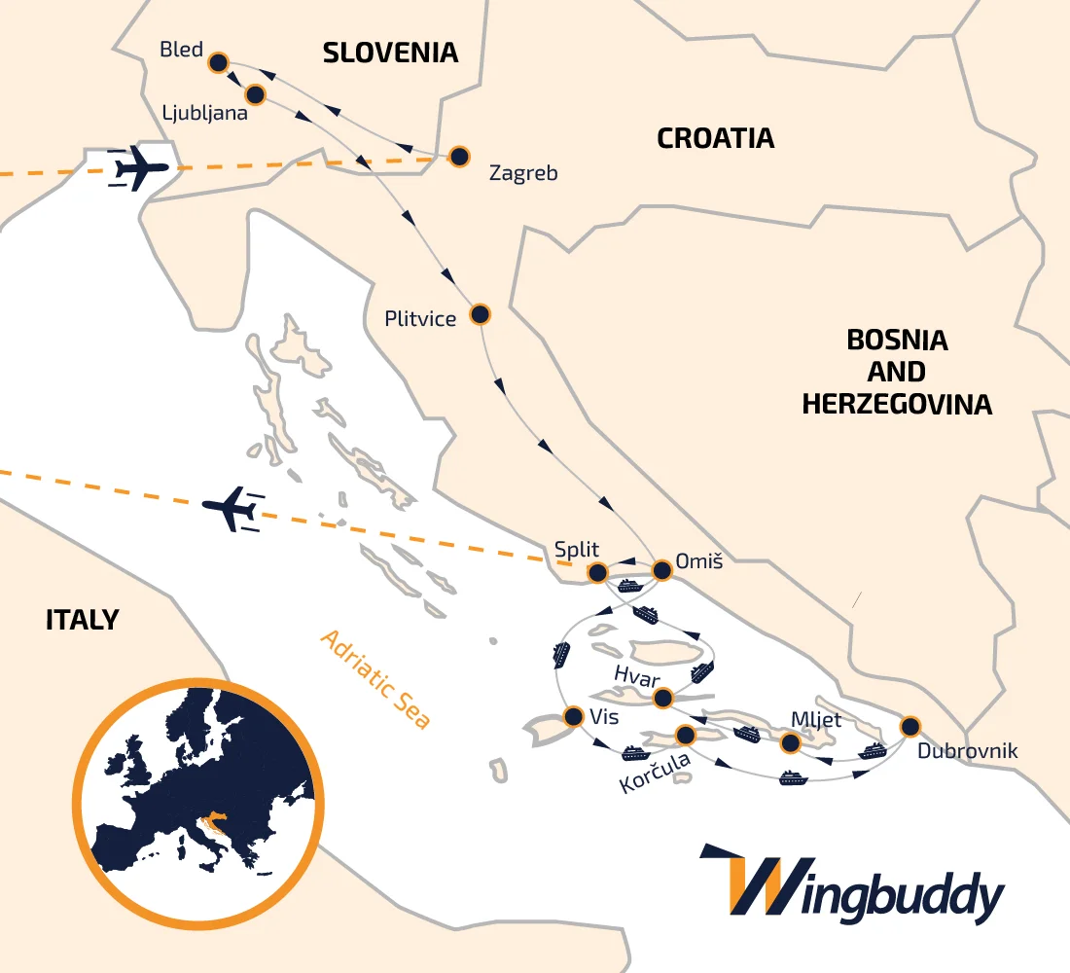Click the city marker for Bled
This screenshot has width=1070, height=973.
[x=218, y=62]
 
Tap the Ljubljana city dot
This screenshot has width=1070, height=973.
[x=255, y=94]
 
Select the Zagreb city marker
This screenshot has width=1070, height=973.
[x=458, y=156]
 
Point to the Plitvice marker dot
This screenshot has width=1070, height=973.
[x=480, y=314]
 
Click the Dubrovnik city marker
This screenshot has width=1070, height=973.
[x=909, y=726]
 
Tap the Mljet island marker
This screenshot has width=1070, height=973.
[x=791, y=743]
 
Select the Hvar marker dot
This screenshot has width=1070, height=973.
[x=663, y=698]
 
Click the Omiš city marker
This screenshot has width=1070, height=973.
[x=661, y=570]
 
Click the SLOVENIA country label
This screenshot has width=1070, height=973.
[x=390, y=53]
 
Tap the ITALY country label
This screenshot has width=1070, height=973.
[x=82, y=619]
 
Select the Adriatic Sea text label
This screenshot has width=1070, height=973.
[x=375, y=679]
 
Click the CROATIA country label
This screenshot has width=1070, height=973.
[x=715, y=138]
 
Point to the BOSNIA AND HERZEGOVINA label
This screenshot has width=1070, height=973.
[x=896, y=372]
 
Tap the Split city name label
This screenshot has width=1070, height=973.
[x=577, y=548]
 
